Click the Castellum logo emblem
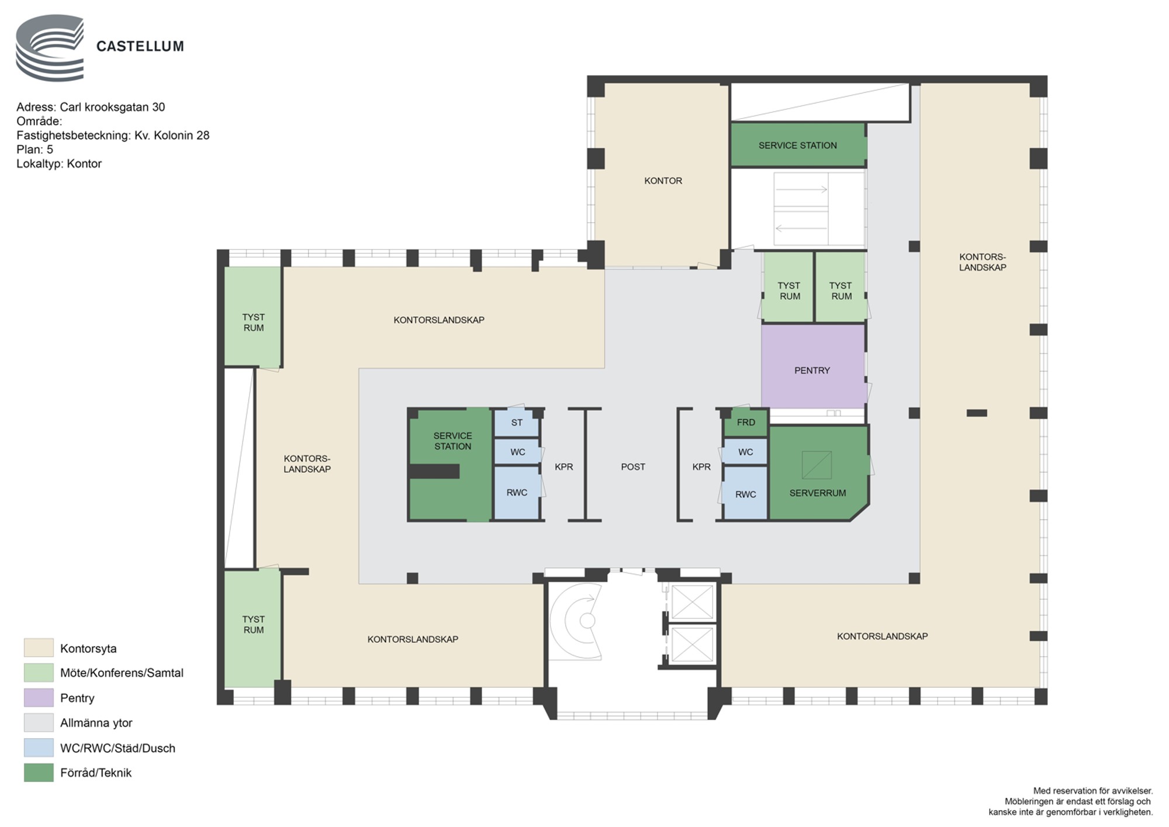50,47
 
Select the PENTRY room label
812,371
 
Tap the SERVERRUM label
817,493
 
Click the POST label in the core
633,467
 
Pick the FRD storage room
745,423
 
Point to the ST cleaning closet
517,423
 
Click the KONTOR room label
663,181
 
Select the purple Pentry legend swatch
39,698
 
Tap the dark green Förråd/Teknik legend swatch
39,773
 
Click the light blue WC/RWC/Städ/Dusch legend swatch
39,748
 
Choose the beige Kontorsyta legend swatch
39,648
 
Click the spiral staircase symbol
576,621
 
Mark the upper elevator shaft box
692,601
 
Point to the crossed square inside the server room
817,465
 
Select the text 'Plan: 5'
34,150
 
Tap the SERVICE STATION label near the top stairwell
797,146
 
